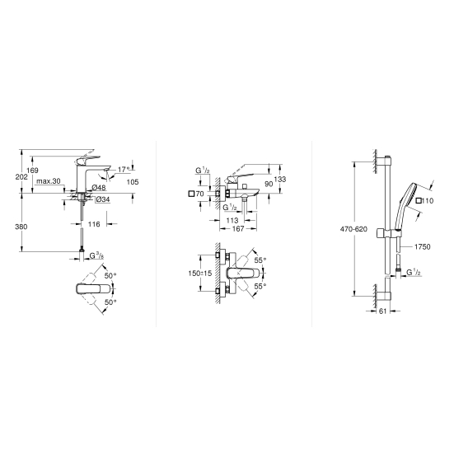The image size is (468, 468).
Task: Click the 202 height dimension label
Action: coord(21,177)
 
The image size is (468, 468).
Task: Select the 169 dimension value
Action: coord(32,171)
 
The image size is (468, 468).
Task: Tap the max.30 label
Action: coord(49,181)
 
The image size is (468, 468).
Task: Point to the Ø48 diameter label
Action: coord(99,187)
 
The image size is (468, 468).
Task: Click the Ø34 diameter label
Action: coord(103,199)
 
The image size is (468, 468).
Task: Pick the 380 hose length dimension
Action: coord(21,227)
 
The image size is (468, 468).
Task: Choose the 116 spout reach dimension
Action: coord(94,224)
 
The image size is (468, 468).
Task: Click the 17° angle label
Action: coord(124,170)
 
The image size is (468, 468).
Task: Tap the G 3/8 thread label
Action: coord(97,255)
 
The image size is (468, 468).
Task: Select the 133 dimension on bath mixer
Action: coord(280,179)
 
